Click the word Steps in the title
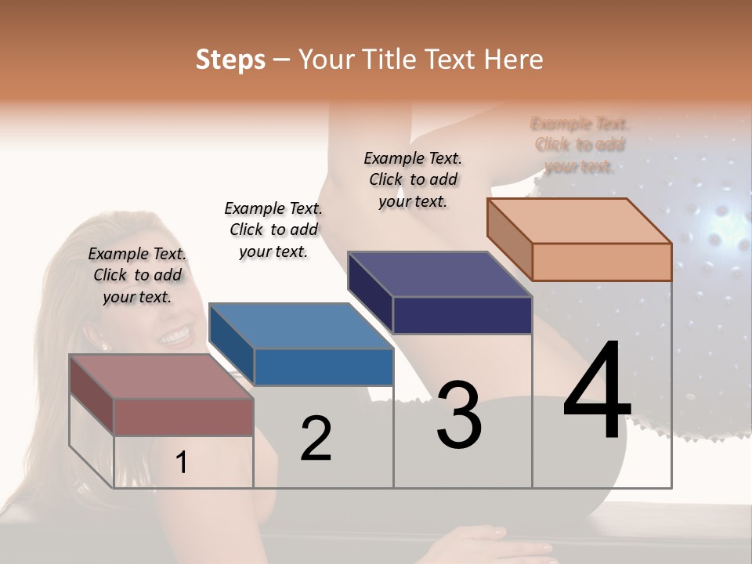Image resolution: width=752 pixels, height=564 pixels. (x=230, y=60)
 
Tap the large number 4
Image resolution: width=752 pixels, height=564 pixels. (x=597, y=392)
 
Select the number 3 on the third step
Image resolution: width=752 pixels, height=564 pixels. (x=459, y=415)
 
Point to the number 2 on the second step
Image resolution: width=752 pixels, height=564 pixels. (x=316, y=439)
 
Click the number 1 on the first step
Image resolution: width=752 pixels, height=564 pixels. (x=182, y=462)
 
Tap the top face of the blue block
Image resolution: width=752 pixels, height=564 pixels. (x=301, y=326)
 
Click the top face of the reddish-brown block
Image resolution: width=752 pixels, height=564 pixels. (x=161, y=376)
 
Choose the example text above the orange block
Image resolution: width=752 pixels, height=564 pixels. (x=580, y=145)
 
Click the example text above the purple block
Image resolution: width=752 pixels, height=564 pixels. (x=413, y=179)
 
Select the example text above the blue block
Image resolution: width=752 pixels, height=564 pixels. (x=273, y=230)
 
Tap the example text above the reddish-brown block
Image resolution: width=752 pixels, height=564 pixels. (x=137, y=275)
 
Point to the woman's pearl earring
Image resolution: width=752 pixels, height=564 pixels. (x=103, y=345)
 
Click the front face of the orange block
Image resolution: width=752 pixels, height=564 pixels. (x=602, y=262)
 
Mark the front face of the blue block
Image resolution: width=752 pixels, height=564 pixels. (x=324, y=367)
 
